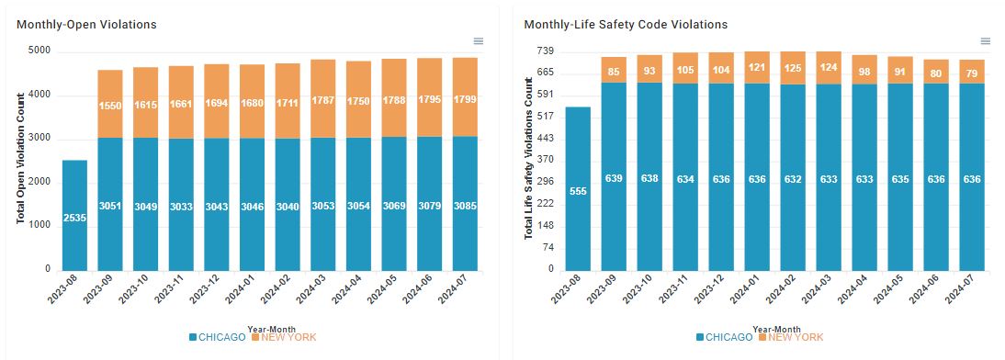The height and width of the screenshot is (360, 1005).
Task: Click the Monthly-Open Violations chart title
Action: pos(86,25)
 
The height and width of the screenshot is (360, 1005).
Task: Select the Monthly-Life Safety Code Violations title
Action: pos(626,25)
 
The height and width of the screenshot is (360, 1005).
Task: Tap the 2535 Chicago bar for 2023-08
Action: pos(74,215)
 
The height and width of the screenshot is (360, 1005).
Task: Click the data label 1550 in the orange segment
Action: pos(110,105)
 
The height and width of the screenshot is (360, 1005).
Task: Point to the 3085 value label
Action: pos(465,207)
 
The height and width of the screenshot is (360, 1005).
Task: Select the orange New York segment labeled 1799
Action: pos(465,96)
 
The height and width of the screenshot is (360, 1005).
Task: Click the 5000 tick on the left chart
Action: pos(41,51)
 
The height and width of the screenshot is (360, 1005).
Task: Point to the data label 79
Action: pos(972,73)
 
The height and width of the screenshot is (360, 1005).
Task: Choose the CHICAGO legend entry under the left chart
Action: pos(218,338)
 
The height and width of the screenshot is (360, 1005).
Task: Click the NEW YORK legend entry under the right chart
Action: pos(790,338)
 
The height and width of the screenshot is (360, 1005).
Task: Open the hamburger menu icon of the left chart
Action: pos(478,41)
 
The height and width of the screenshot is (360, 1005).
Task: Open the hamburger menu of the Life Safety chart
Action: pos(986,41)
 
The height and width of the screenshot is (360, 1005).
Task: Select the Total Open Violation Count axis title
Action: pos(20,159)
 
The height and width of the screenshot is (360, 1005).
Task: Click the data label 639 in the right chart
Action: pos(614,178)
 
